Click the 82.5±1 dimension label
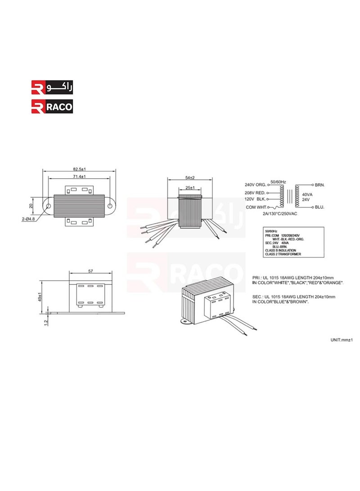coord(79,169)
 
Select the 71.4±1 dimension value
coord(79,177)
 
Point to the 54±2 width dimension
coord(189,178)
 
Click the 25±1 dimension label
coord(189,187)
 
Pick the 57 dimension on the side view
coord(90,271)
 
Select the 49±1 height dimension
coord(40,297)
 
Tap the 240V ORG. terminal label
coord(256,185)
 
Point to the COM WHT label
coord(255,207)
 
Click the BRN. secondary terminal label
coord(320,185)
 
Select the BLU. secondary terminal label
coord(320,207)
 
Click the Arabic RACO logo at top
coord(51,86)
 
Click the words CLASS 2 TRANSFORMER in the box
coord(282,254)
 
